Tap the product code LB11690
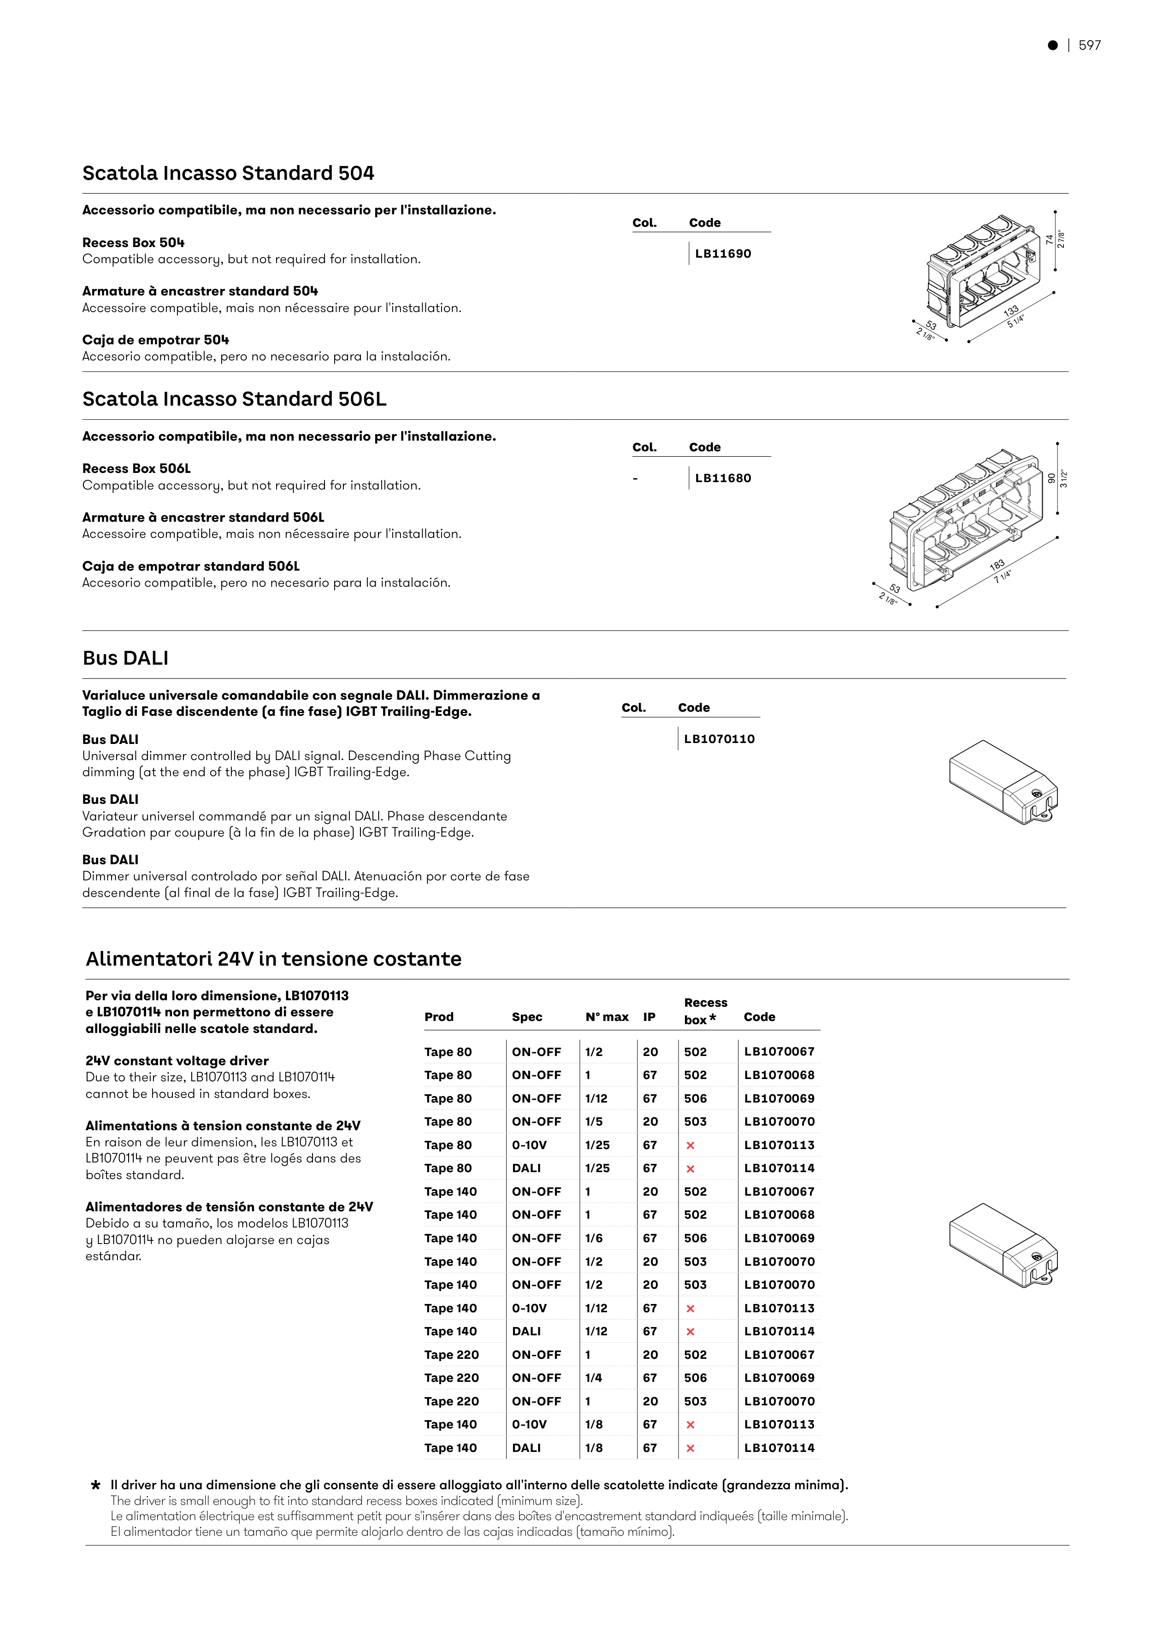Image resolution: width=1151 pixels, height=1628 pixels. [723, 254]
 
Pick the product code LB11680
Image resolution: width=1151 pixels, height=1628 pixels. [723, 478]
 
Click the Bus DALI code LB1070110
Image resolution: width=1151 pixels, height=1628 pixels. [719, 739]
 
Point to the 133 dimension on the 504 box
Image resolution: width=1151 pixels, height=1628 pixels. [1010, 310]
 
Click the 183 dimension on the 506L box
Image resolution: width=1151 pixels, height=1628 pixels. [997, 565]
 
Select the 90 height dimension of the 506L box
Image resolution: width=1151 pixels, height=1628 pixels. [1051, 478]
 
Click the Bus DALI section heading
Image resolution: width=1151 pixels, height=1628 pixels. [125, 658]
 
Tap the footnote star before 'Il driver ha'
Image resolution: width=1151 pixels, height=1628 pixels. [96, 1485]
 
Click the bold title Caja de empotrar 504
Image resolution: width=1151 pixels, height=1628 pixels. [155, 340]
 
